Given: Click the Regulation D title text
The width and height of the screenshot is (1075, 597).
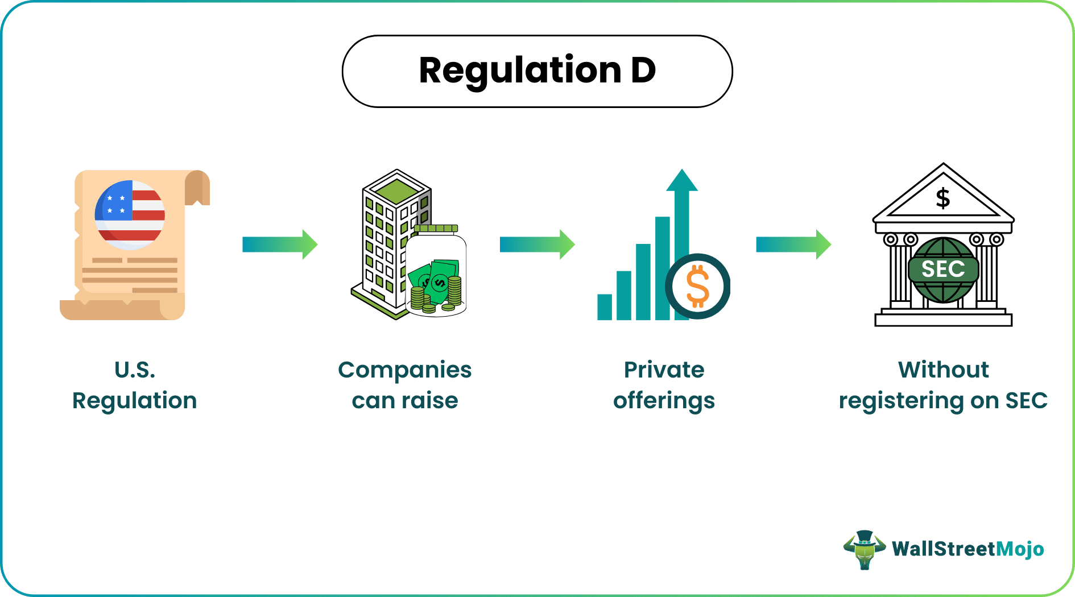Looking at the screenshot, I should tap(537, 71).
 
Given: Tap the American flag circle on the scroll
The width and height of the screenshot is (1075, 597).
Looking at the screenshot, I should tap(130, 215).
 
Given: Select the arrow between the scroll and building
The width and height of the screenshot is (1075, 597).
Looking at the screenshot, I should tap(280, 244).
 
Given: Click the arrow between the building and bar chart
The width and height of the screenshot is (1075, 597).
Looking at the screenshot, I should tap(537, 244).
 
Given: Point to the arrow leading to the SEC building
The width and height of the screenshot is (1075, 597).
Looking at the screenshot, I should tap(793, 244).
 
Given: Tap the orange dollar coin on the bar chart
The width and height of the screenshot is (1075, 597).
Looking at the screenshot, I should tap(698, 286).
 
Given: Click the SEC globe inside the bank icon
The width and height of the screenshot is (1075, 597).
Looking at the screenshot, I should tap(943, 270).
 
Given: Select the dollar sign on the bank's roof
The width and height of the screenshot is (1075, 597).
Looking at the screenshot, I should tap(943, 198).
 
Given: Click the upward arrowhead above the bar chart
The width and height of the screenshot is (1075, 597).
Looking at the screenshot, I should tap(681, 181).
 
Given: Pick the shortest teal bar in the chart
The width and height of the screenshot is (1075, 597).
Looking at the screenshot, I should tap(605, 307).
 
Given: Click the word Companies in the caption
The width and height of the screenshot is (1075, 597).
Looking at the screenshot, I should tap(404, 370).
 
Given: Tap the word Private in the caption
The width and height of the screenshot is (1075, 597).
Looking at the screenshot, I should tap(664, 370).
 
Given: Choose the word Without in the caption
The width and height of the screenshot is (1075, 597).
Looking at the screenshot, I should tap(943, 370).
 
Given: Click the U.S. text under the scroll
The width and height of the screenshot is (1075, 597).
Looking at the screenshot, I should tap(135, 370).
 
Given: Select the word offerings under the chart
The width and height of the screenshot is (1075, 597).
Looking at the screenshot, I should tap(664, 401).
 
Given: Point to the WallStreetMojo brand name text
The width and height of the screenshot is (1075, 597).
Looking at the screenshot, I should tap(968, 549).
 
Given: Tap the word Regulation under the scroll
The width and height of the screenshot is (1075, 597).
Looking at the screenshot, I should tap(135, 401).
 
